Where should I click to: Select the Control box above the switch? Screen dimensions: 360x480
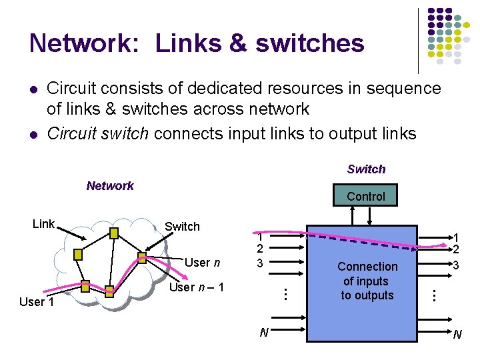[366, 196]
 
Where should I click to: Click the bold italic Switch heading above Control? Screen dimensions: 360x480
[366, 169]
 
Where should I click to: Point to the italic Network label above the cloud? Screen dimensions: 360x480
[110, 186]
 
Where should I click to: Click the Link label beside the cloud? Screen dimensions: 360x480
[43, 224]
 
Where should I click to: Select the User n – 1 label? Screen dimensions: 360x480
[197, 287]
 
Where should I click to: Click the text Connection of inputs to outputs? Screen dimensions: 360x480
[367, 281]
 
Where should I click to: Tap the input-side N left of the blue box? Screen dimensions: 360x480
[264, 332]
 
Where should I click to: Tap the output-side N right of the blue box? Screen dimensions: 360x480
[457, 334]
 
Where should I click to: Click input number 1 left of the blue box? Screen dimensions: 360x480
[261, 237]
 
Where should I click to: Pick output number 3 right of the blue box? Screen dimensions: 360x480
[456, 265]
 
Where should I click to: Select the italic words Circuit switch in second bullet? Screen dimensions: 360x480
[98, 133]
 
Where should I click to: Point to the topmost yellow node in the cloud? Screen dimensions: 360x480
[114, 233]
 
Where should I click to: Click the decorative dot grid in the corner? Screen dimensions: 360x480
[449, 37]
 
